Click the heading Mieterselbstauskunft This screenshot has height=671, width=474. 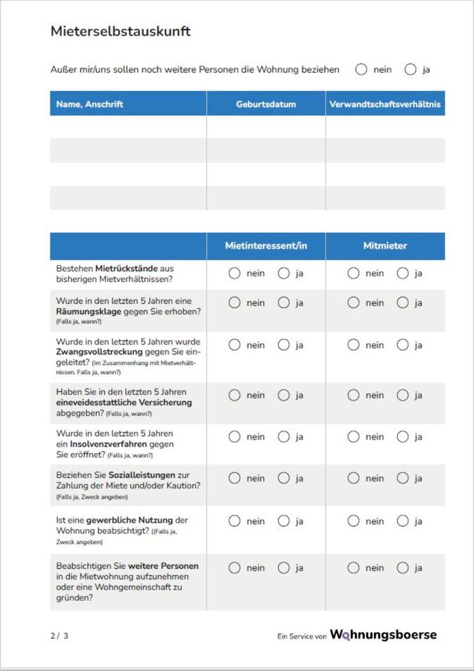click(x=120, y=31)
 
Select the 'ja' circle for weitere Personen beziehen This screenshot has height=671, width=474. click(x=410, y=69)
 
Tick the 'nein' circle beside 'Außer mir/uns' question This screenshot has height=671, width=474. click(x=361, y=69)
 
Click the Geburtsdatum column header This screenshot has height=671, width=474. click(x=266, y=104)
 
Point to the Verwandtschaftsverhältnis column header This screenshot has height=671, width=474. click(x=385, y=104)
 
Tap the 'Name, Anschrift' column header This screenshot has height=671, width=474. click(x=89, y=104)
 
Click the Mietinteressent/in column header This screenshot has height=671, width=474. click(x=266, y=246)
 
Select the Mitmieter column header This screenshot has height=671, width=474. click(x=385, y=246)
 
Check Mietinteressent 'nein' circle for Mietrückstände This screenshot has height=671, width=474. click(x=235, y=273)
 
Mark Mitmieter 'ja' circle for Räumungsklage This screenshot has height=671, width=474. click(x=403, y=303)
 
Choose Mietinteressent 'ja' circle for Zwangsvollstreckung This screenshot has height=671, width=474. click(x=283, y=345)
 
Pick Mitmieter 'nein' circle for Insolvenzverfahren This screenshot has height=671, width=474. click(x=354, y=437)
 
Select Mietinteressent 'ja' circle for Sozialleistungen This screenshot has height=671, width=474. click(x=283, y=479)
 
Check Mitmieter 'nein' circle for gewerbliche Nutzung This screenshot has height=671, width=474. click(x=354, y=521)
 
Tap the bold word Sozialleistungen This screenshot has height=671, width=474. click(x=144, y=475)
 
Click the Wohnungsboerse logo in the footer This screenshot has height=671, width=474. click(x=383, y=635)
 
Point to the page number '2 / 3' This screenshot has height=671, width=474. click(x=59, y=635)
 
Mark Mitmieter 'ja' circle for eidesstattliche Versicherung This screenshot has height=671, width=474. click(x=403, y=395)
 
